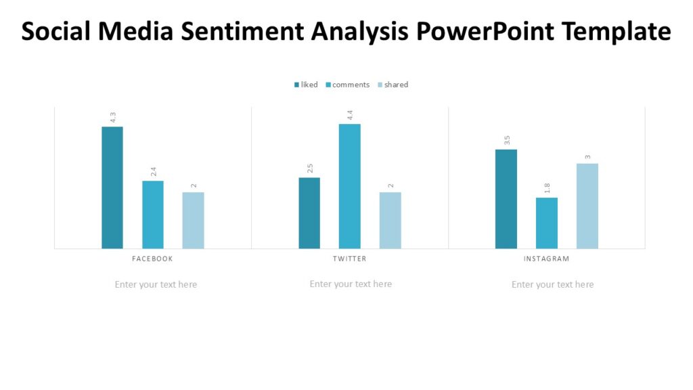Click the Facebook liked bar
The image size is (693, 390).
(112, 188)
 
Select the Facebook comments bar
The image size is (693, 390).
(153, 215)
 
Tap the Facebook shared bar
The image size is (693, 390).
(193, 220)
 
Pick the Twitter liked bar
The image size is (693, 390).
(309, 213)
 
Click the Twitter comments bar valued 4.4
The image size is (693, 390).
(350, 186)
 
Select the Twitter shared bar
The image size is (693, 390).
(390, 220)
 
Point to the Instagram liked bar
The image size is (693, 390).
(506, 198)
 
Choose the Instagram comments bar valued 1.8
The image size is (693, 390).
(547, 223)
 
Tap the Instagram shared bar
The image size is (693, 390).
(587, 206)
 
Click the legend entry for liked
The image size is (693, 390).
(306, 85)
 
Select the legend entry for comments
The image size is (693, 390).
(347, 85)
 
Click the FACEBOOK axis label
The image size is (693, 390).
(152, 259)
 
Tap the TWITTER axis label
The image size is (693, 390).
(350, 259)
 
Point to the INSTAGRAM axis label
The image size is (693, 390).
(547, 259)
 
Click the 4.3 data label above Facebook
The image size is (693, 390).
(113, 117)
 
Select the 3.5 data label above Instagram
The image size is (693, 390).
(507, 140)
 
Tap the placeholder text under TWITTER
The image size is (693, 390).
(351, 284)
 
